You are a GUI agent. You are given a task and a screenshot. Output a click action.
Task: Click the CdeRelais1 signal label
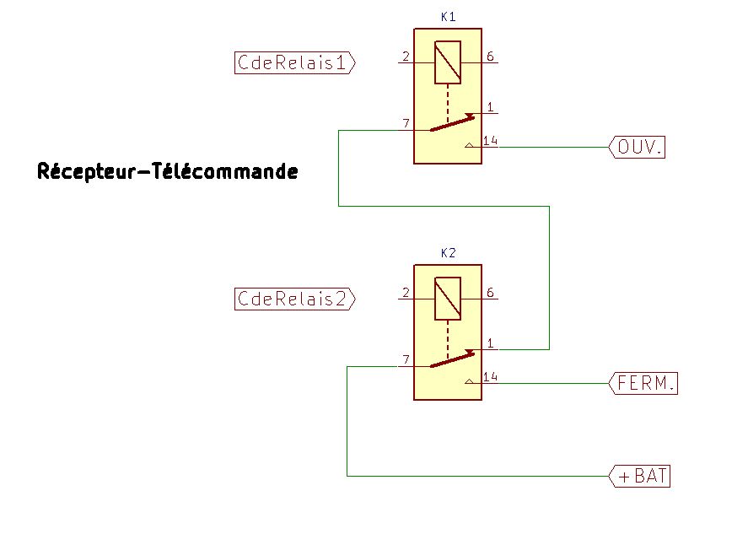point(294,62)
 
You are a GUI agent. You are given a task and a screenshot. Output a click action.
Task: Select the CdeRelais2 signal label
point(294,299)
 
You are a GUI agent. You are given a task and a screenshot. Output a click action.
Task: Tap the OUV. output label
point(638,147)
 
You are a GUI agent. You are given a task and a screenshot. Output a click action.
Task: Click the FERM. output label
point(644,383)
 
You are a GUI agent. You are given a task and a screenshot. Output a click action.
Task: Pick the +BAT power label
point(642,476)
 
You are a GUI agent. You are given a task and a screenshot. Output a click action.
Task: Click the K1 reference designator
point(448,17)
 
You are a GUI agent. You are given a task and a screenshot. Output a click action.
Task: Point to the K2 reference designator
point(448,253)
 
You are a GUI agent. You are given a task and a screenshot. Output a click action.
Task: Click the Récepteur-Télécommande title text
point(168,172)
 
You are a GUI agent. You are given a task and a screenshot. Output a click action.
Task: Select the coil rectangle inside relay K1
point(448,62)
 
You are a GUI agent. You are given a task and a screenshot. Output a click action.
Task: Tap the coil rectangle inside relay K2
point(448,299)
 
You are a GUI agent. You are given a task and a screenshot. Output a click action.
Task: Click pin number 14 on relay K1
point(491,141)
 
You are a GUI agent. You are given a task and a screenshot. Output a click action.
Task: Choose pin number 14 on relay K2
point(491,377)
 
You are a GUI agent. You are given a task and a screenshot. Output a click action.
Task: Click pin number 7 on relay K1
point(406,124)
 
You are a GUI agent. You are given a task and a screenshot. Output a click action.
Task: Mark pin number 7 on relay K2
point(406,360)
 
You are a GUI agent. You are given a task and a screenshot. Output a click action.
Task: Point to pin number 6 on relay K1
point(490,57)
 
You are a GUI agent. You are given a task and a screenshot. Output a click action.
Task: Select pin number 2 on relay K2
point(406,293)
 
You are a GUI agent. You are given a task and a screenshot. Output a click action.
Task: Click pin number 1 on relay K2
point(490,343)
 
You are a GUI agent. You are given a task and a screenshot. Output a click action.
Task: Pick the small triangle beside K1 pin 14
point(470,146)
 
